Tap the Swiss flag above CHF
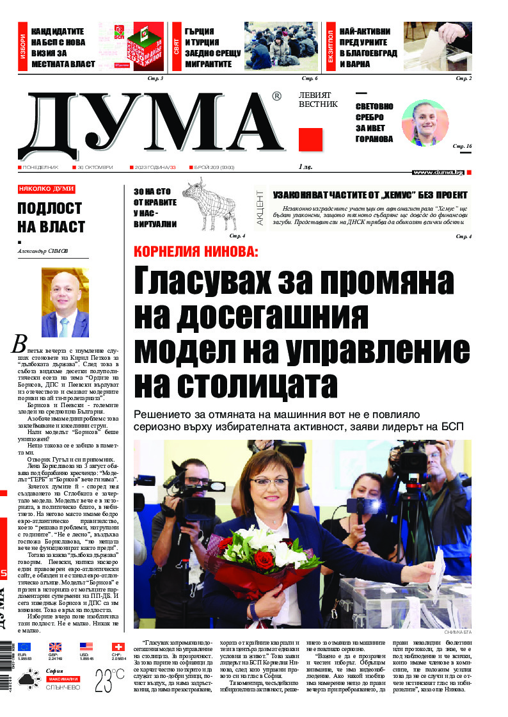tap(118, 647)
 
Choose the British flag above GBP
tap(55, 647)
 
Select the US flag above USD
tap(86, 647)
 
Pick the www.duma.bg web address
tap(438, 172)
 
